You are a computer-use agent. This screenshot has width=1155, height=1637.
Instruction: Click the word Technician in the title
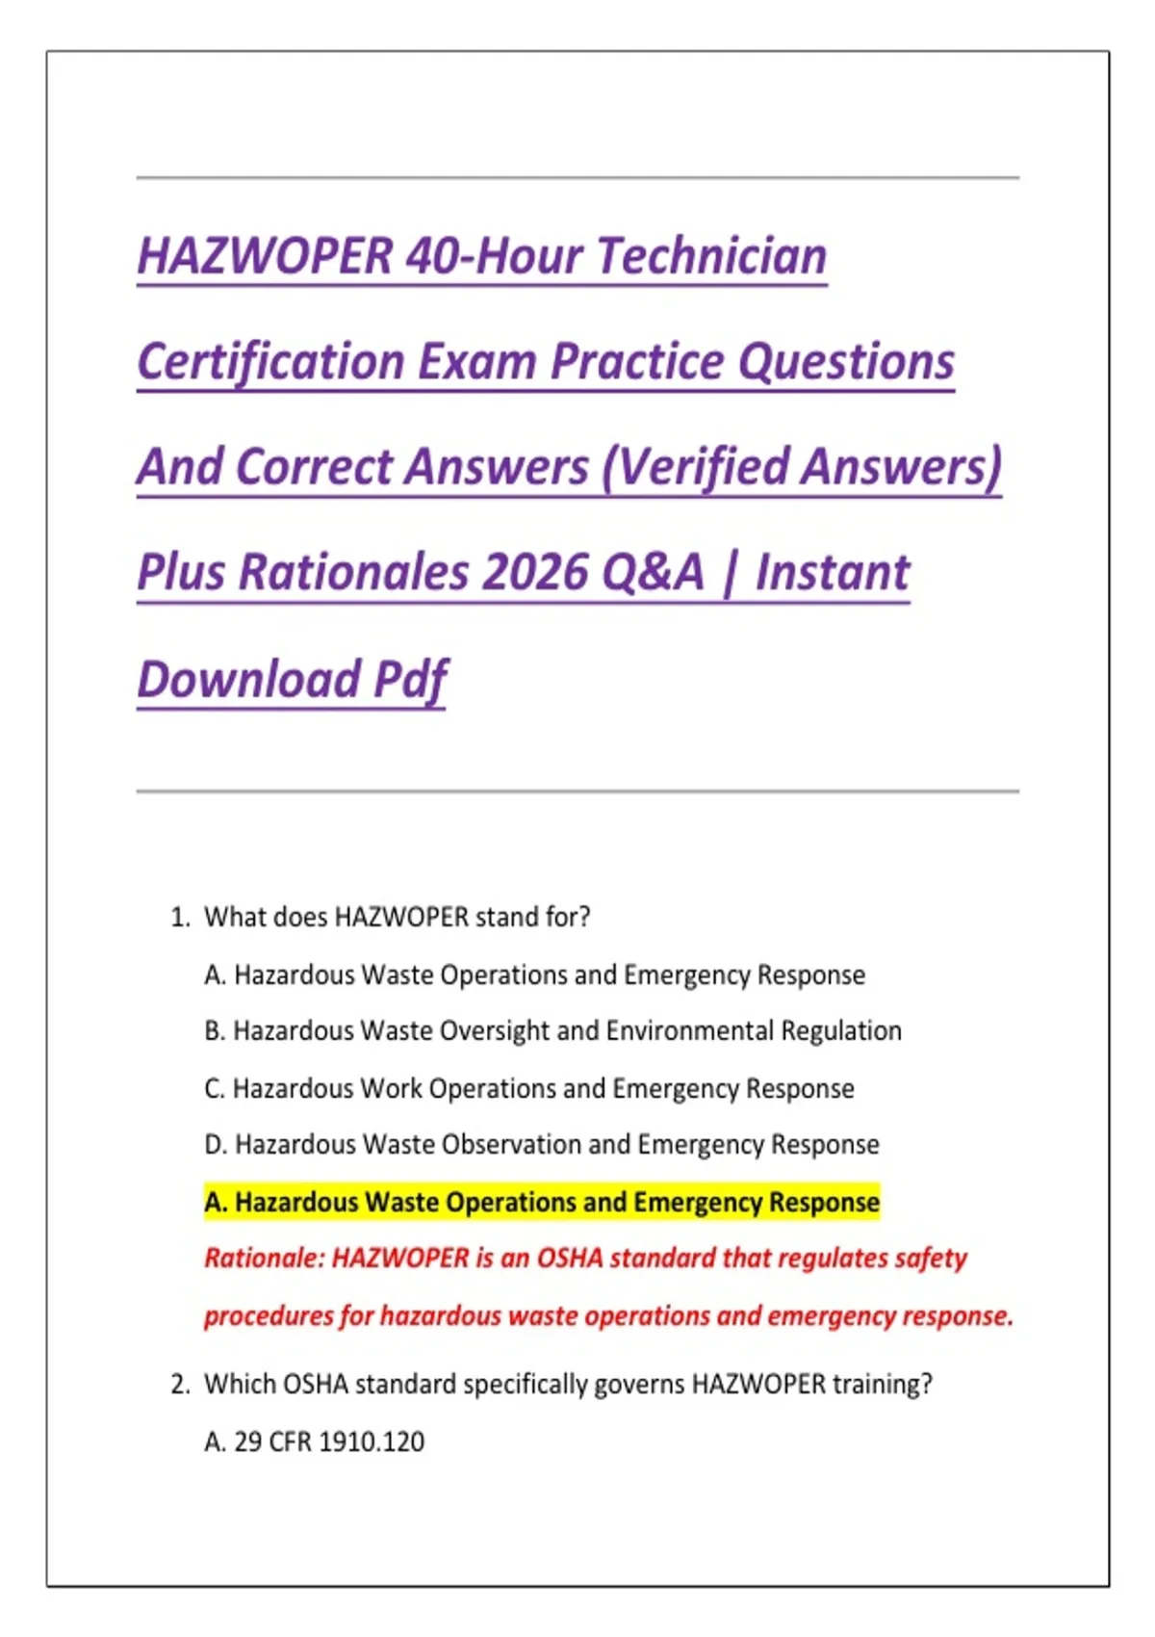711,256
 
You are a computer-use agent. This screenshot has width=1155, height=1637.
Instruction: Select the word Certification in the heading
271,362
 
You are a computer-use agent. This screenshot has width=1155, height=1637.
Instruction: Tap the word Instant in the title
832,572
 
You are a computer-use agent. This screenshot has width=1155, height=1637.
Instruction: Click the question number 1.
180,917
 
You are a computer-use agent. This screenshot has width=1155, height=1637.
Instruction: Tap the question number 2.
180,1384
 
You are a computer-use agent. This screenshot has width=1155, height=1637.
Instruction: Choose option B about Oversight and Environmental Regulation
553,1031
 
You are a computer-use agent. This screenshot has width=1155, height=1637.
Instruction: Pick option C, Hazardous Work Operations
529,1088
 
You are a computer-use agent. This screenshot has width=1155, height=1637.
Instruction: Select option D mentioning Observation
542,1145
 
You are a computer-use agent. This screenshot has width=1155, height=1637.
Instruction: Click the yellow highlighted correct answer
542,1202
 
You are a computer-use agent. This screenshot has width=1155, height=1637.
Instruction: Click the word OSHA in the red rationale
569,1259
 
